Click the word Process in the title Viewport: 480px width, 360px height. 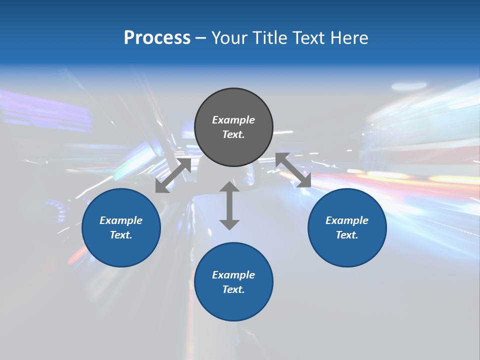click(x=157, y=38)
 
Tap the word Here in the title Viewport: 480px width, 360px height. click(x=348, y=38)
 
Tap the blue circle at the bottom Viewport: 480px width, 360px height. click(x=233, y=305)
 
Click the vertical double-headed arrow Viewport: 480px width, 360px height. click(x=229, y=205)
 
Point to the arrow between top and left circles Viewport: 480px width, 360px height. click(x=173, y=175)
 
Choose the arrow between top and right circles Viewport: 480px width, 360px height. click(x=293, y=170)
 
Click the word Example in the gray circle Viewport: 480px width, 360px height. click(x=233, y=120)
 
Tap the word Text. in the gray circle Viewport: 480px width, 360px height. click(x=233, y=134)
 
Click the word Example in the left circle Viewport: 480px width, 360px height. click(x=121, y=220)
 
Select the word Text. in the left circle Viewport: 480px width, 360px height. click(x=121, y=235)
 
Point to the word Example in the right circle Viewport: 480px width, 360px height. click(x=347, y=220)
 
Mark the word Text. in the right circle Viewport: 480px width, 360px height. click(x=347, y=235)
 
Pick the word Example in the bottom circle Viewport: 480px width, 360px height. click(x=233, y=275)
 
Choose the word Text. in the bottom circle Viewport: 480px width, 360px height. click(x=233, y=289)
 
